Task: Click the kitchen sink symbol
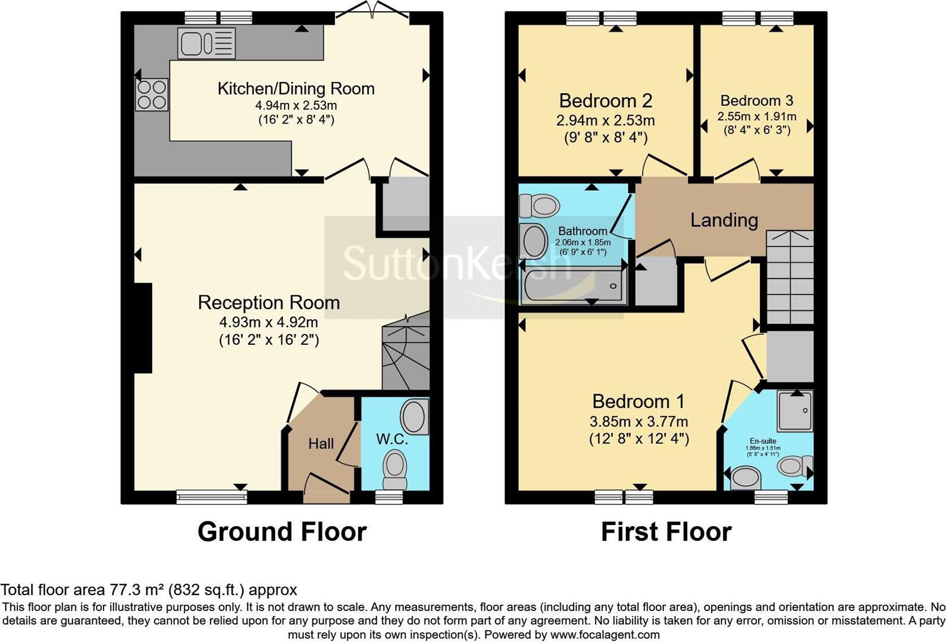(206, 43)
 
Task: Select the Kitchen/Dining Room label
(296, 89)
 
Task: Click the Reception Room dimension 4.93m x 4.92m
(268, 322)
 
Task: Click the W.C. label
(392, 439)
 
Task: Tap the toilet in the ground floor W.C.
(394, 467)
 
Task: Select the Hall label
(321, 443)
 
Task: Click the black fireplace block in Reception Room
(143, 328)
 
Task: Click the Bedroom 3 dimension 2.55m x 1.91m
(756, 117)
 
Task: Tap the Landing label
(723, 220)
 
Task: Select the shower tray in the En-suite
(795, 410)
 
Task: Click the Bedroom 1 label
(638, 401)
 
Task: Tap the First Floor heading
(666, 531)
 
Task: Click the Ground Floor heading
(281, 531)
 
